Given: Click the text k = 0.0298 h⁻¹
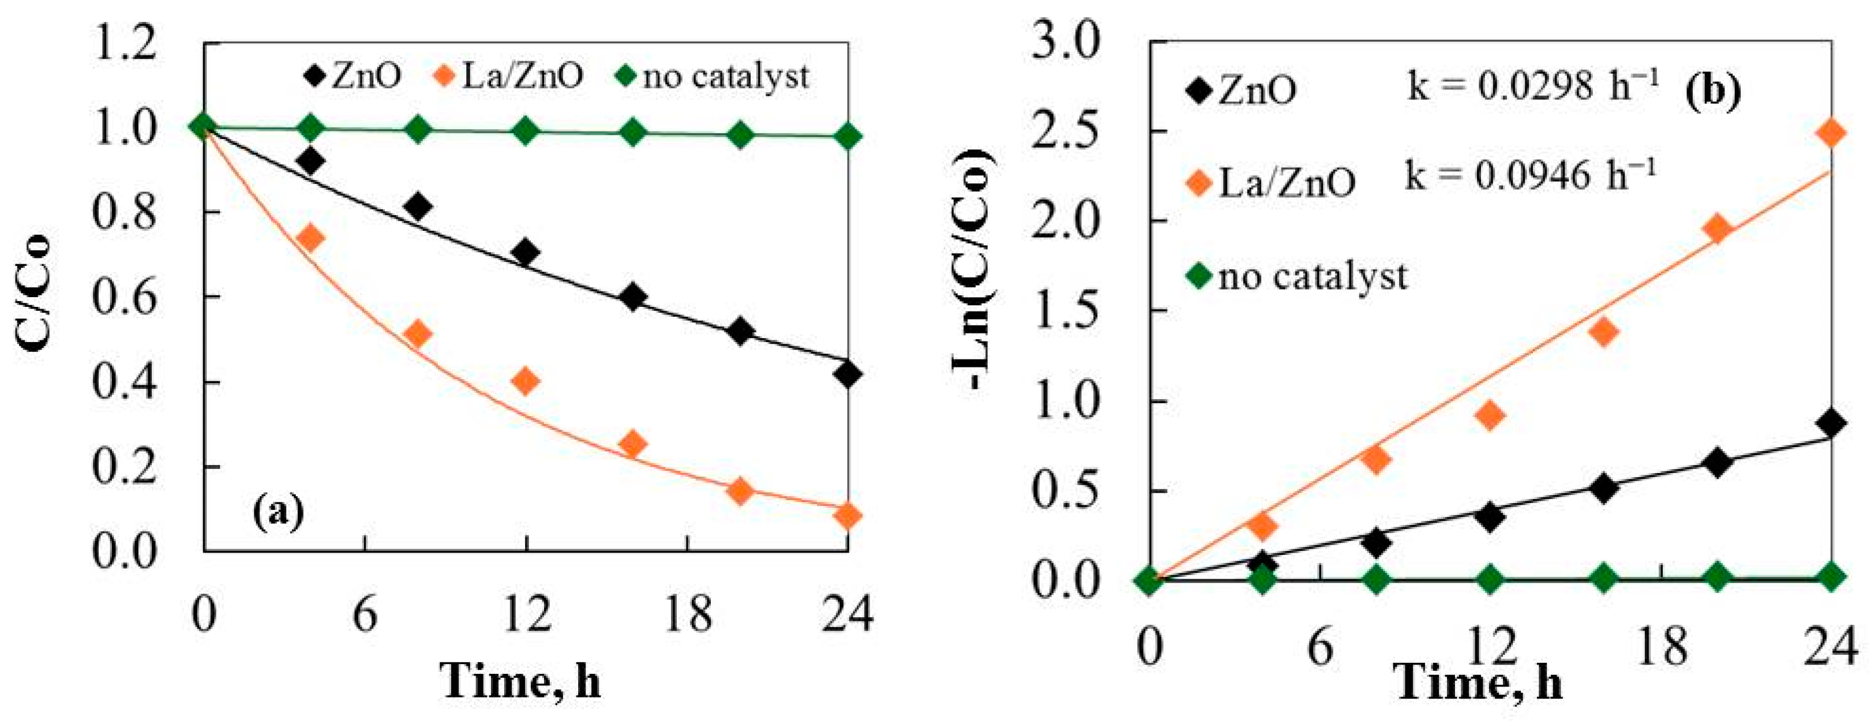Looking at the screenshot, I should tap(1532, 87).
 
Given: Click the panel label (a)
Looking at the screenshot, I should tap(278, 513).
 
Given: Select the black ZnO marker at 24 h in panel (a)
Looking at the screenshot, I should tap(848, 375).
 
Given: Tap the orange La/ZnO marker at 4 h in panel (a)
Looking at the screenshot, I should tap(311, 238).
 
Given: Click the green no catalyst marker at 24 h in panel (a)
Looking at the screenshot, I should tap(848, 137).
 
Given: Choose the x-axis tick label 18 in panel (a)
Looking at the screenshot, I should tap(687, 615).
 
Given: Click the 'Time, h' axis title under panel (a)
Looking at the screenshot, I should tap(521, 680).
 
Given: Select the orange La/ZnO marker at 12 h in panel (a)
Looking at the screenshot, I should tap(525, 381).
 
